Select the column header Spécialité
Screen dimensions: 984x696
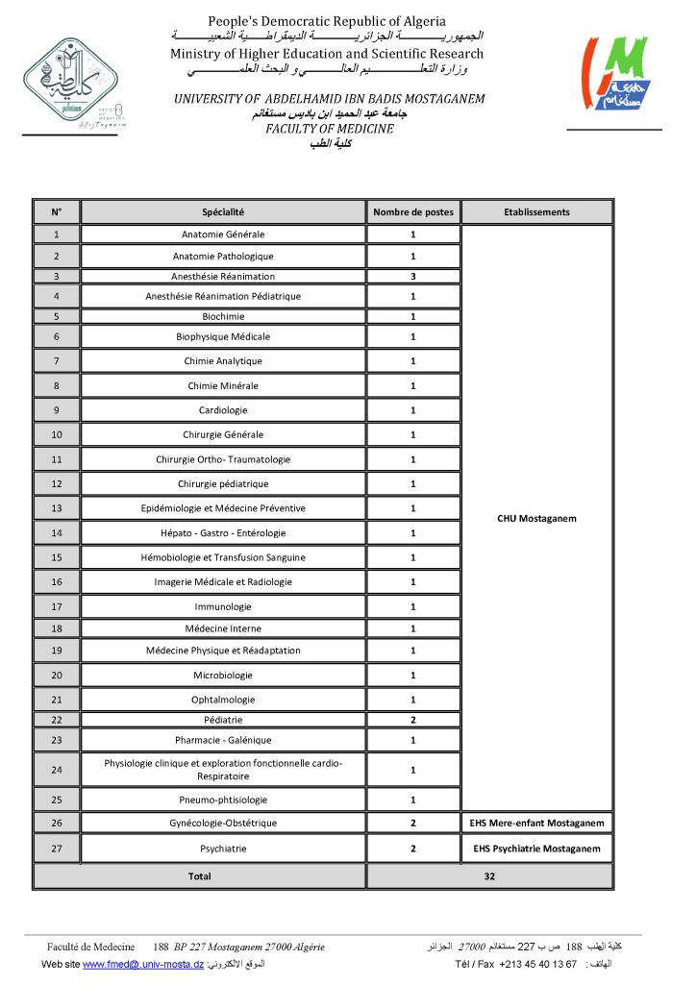(x=223, y=212)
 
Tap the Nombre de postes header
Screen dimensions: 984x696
(x=413, y=212)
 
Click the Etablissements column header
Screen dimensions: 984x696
(x=536, y=212)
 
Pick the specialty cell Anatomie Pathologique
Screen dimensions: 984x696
(x=223, y=257)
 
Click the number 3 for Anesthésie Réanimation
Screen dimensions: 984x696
(x=413, y=277)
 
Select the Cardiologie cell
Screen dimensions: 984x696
(x=223, y=410)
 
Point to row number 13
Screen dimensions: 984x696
(x=57, y=508)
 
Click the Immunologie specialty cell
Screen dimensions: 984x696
(x=223, y=606)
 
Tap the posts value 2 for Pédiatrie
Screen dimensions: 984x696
(x=413, y=720)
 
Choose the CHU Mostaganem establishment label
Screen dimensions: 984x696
(x=536, y=519)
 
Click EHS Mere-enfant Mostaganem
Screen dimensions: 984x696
(x=536, y=824)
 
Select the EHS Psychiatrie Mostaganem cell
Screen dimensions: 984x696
(x=536, y=849)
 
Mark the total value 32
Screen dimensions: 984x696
(x=489, y=876)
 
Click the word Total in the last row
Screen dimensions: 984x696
(x=199, y=876)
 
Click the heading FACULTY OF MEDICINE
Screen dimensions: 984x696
(x=330, y=129)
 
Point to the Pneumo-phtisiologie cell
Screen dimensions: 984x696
(x=223, y=799)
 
